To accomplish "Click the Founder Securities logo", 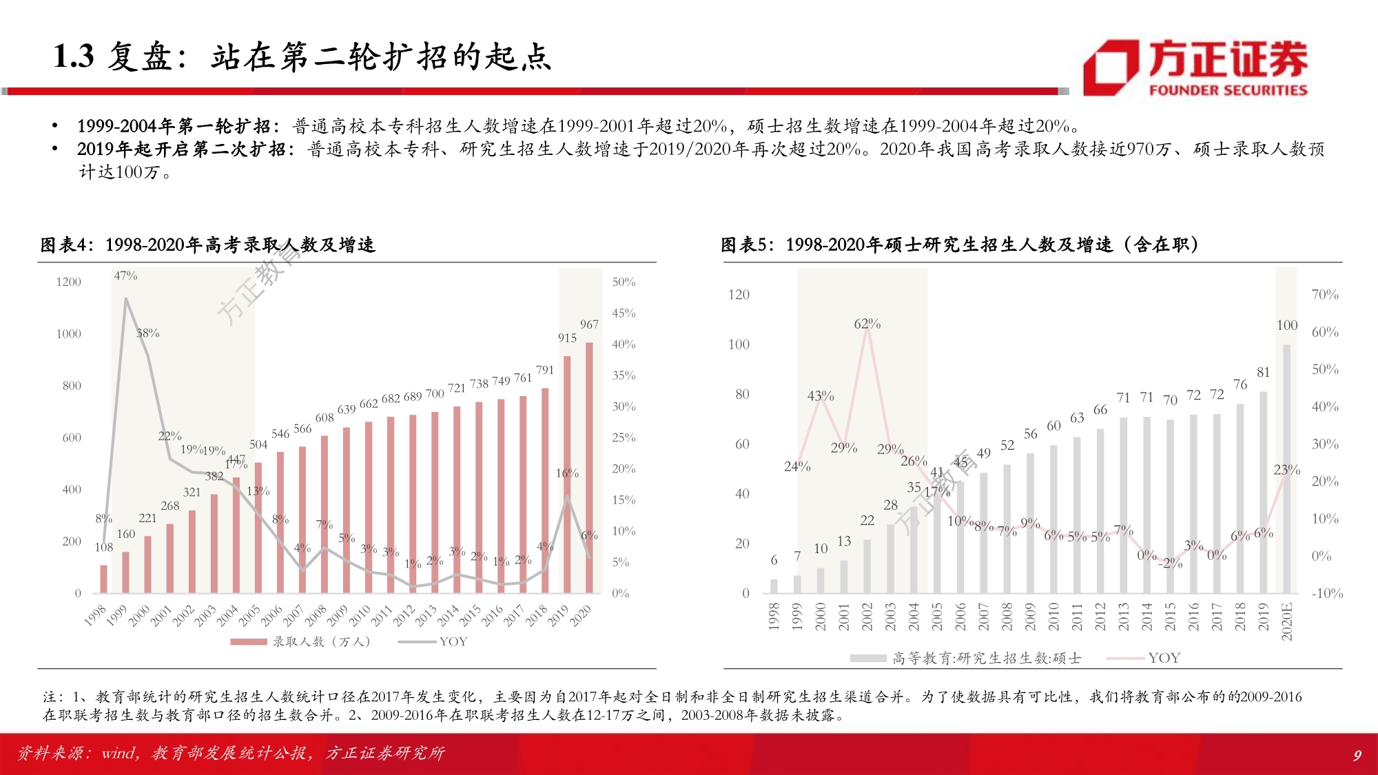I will (1195, 68).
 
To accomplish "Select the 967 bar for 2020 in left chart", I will (589, 468).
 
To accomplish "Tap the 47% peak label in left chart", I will (125, 276).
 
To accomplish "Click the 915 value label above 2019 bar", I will (567, 338).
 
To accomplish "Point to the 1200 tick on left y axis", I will (69, 282).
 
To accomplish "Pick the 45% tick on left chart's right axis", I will (624, 313).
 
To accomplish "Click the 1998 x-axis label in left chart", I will (96, 614).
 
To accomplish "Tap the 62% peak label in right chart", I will (867, 324).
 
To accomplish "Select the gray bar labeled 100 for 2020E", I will (1286, 468).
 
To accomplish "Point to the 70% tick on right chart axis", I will (1324, 295).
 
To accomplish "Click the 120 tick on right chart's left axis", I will (739, 295).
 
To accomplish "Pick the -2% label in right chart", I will (1171, 564).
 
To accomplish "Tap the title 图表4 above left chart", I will (65, 245).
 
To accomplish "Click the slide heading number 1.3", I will (73, 56).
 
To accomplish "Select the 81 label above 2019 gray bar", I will (1263, 372).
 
